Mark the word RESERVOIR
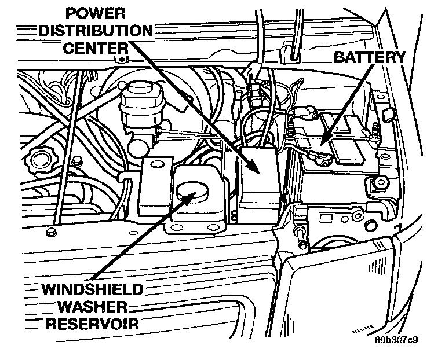click(93, 323)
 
